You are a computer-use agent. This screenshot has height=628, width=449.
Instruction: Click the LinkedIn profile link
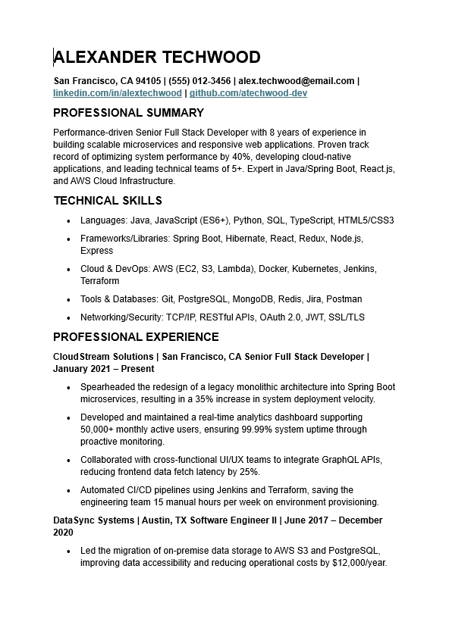[118, 93]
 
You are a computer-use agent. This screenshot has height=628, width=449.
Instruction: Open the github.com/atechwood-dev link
[248, 93]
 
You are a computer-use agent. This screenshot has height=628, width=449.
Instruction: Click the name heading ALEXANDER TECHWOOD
[157, 58]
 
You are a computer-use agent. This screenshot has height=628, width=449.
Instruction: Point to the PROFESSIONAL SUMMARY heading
[128, 113]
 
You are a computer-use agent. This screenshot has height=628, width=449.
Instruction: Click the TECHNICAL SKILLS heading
[108, 201]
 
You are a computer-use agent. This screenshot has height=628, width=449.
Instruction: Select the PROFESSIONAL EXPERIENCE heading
[136, 337]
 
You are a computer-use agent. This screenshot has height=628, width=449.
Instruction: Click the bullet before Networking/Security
[68, 318]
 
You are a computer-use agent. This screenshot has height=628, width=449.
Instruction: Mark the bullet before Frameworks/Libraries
[68, 239]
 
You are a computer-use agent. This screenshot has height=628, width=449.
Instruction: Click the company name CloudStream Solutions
[104, 357]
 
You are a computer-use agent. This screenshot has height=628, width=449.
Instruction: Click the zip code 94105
[148, 81]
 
